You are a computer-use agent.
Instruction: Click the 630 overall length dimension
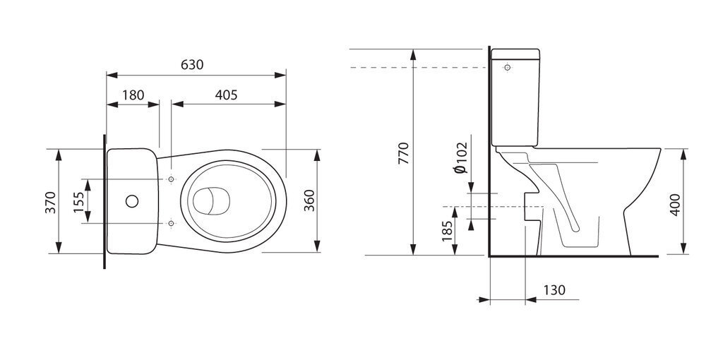coord(192,65)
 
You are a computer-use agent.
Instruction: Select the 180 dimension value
coord(133,95)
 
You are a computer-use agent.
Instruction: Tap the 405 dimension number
coord(226,95)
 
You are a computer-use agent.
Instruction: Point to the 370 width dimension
coord(50,203)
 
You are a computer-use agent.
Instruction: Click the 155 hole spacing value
coord(79,203)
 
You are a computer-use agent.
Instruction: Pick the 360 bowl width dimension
coord(309,200)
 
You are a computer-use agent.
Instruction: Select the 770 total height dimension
coord(404,153)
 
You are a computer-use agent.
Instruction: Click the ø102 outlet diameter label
coord(462,157)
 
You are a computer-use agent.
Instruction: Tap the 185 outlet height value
coord(447,232)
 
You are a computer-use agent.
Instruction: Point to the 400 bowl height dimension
coord(675,205)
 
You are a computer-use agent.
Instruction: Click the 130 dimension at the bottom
coord(554,290)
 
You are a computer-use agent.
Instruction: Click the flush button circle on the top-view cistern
coord(132,201)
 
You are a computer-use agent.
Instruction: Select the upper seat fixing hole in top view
coord(171,179)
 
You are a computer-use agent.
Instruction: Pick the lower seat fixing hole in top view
coord(171,223)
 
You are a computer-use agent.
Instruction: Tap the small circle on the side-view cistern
coord(508,68)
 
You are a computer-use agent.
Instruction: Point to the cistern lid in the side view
coord(515,54)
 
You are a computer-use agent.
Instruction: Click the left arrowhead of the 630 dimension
coord(112,75)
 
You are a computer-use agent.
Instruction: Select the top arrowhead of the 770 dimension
coord(413,54)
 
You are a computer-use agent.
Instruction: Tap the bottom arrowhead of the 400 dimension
coord(684,248)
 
